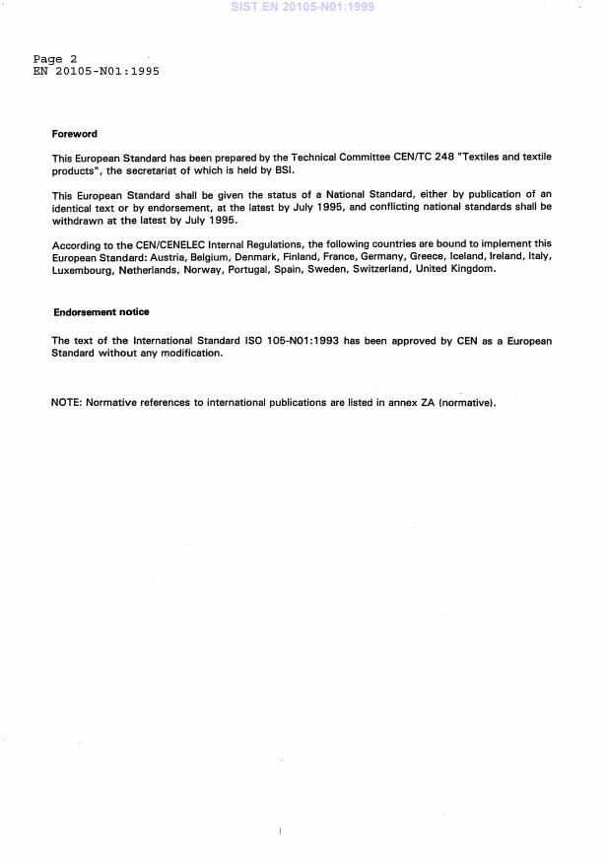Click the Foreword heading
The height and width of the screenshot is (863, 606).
75,134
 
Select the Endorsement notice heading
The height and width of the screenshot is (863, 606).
101,312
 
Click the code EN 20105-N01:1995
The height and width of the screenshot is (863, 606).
97,71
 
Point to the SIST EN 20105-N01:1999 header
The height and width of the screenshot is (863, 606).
303,7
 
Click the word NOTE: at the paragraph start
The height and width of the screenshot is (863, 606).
67,403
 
